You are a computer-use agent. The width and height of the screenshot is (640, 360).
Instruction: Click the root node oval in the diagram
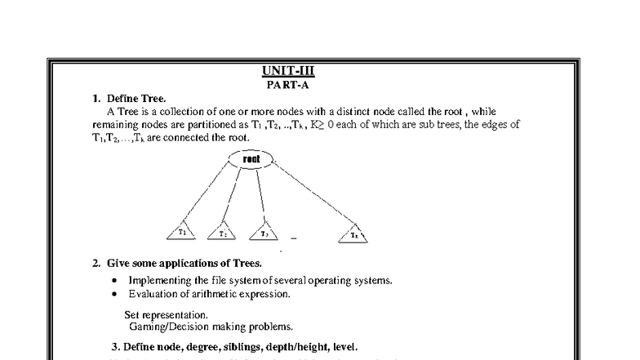click(251, 158)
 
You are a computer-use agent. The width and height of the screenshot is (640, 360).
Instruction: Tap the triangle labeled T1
click(182, 233)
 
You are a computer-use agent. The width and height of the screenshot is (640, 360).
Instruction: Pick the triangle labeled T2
click(221, 233)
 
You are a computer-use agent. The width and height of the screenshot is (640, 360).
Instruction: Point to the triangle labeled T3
click(263, 233)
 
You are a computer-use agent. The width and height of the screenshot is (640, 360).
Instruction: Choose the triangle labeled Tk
click(353, 234)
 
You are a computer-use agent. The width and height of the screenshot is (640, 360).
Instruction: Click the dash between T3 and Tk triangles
click(293, 239)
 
